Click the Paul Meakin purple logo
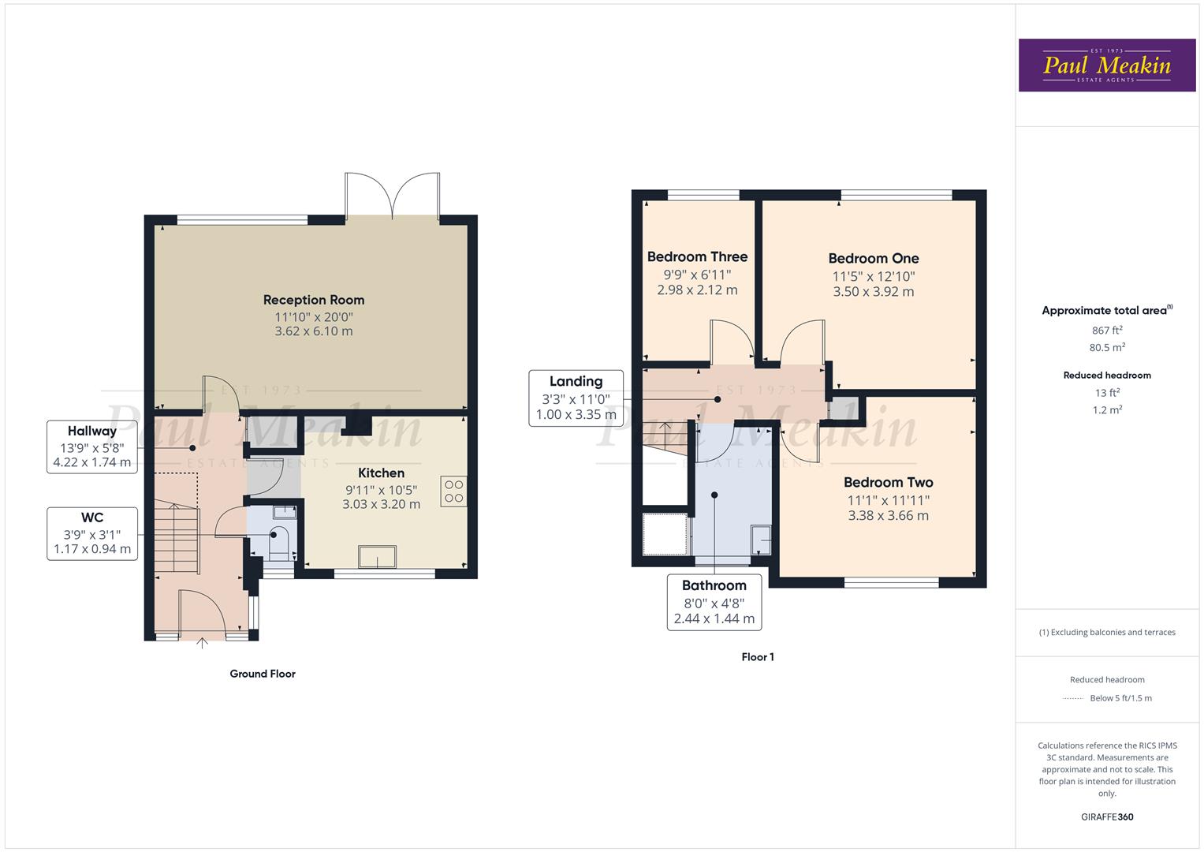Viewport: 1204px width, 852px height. [x=1107, y=65]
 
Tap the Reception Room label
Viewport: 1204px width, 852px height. [x=314, y=300]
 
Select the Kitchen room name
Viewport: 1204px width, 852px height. [x=381, y=473]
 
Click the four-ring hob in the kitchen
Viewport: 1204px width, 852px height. [x=453, y=491]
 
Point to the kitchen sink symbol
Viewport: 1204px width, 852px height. [x=378, y=557]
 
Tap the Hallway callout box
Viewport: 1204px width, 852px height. [x=92, y=447]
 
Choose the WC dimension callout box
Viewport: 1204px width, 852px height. [x=92, y=533]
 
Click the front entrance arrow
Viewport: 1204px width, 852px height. [x=202, y=643]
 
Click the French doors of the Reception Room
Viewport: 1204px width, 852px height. [x=393, y=196]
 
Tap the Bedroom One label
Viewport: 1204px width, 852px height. [x=874, y=259]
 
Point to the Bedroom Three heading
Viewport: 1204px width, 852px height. [x=697, y=257]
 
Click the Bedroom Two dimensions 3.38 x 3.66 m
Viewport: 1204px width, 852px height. [x=889, y=516]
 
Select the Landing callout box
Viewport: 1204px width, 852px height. [x=576, y=398]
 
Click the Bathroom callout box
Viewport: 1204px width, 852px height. [x=714, y=603]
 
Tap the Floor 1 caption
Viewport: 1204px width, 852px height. [x=758, y=656]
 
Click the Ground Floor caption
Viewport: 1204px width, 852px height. [x=263, y=674]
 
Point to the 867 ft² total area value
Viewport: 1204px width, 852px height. [x=1107, y=331]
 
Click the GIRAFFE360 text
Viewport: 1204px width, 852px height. [x=1107, y=817]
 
